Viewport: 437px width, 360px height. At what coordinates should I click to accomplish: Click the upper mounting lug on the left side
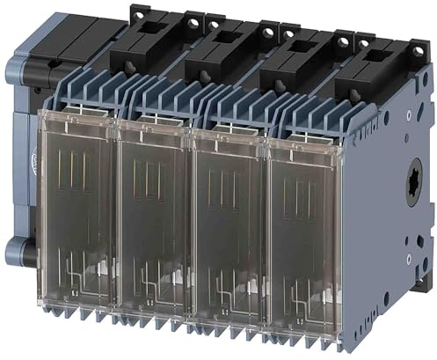(x=19, y=69)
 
